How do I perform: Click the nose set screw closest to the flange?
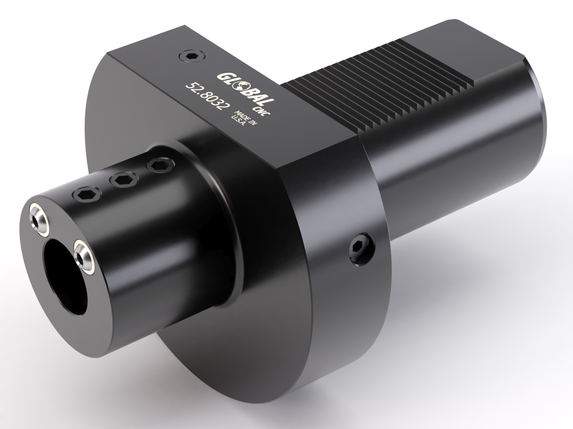point(157,165)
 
